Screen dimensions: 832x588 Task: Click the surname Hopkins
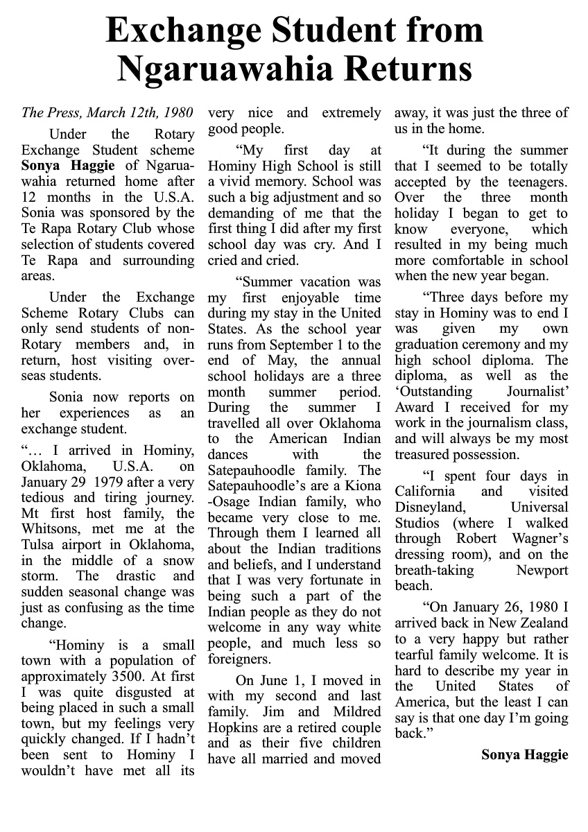[233, 727]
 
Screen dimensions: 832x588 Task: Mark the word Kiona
[362, 486]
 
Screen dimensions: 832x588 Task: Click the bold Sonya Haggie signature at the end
[524, 754]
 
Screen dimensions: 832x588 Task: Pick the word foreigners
[236, 659]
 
